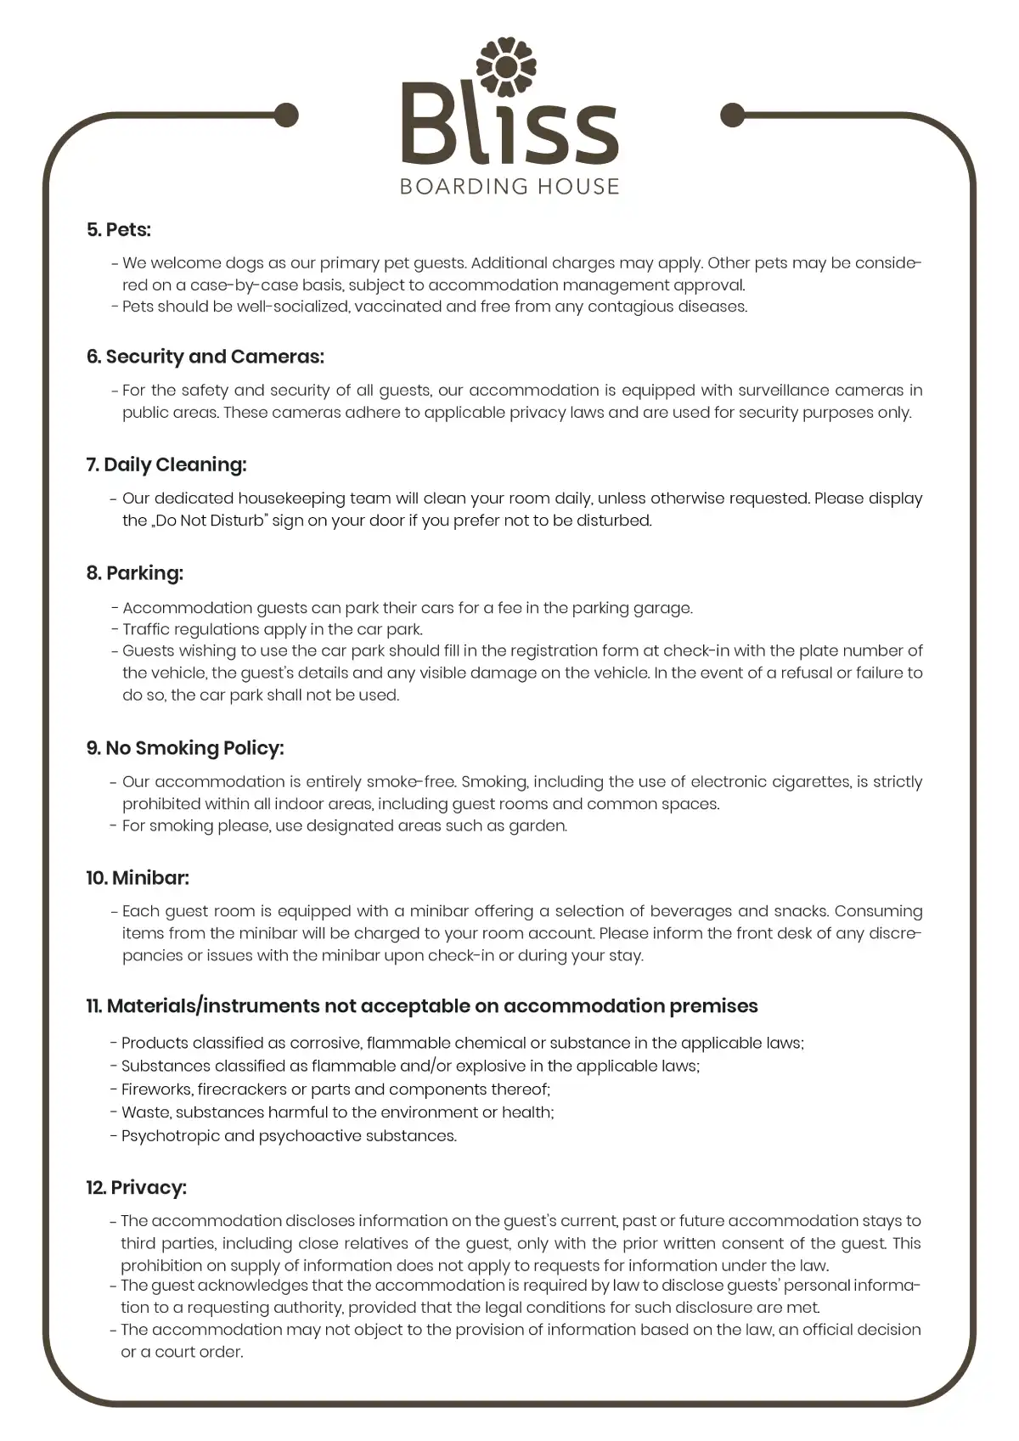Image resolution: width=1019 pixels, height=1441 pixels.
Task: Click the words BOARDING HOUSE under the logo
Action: coord(509,186)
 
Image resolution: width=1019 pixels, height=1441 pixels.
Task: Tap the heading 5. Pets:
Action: coord(118,229)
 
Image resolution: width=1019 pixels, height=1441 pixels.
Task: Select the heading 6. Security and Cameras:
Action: coord(205,357)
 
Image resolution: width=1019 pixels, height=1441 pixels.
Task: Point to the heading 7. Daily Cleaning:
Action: coord(166,464)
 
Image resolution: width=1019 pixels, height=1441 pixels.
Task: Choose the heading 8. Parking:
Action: coord(134,573)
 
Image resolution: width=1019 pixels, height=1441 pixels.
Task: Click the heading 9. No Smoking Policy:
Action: coord(184,748)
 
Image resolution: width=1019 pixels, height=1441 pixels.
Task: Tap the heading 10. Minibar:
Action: coord(137,877)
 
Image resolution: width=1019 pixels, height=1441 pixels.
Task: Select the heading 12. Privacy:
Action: coord(136,1187)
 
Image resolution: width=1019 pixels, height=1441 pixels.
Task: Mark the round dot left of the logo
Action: coord(286,115)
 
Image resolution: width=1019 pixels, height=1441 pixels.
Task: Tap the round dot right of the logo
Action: coord(732,115)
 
